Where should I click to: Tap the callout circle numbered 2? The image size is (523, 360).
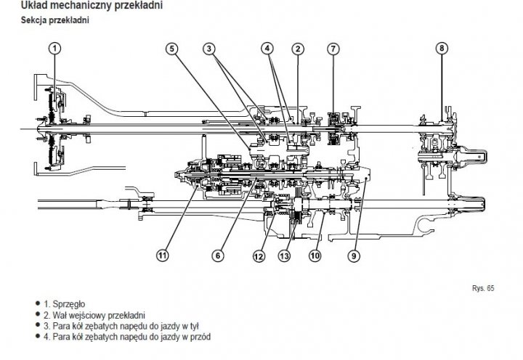coord(297,49)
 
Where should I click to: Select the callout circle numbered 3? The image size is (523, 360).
coord(208,49)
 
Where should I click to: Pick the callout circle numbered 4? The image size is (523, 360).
coord(268,49)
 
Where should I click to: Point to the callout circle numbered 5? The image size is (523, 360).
coord(171,49)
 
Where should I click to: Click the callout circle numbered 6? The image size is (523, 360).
coord(216,255)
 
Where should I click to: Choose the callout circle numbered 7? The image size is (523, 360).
coord(332,49)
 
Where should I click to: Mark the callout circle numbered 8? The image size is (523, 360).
coord(442,49)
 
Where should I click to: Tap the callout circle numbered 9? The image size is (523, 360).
coord(354,255)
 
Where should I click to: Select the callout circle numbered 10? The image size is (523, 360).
coord(315,255)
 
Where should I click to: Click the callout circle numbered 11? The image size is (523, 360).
coord(162,255)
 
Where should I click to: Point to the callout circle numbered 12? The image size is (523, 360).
coord(258,255)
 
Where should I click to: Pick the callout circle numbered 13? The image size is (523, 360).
coord(284,255)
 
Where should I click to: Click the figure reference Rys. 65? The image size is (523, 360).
coord(483,288)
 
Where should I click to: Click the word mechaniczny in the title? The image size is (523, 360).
coord(92,6)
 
